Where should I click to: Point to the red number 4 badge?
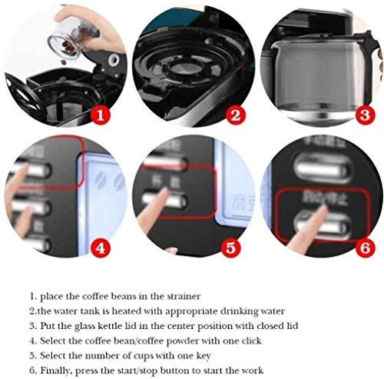(101, 248)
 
